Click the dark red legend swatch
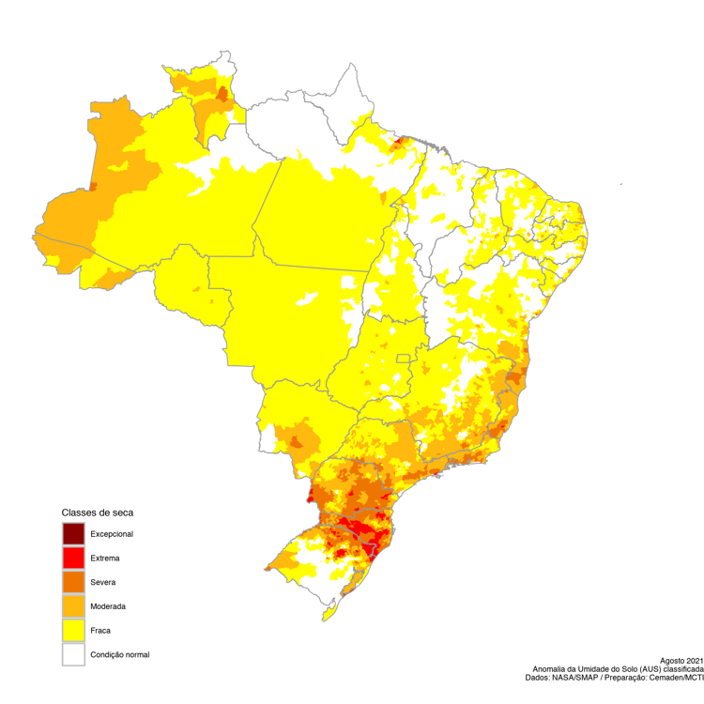pos(73,533)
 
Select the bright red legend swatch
pos(73,558)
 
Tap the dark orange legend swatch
pos(73,582)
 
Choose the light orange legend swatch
pos(73,606)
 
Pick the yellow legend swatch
pos(73,630)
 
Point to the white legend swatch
pos(73,654)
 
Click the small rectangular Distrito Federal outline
pos(405,359)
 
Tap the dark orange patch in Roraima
pos(222,94)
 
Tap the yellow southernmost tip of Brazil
pos(325,617)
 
